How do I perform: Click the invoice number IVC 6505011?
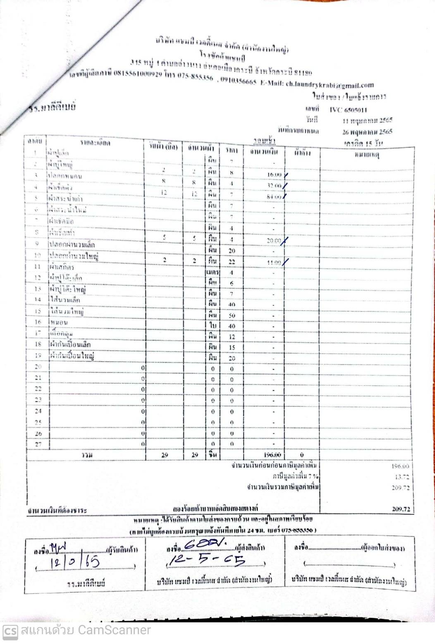coord(348,110)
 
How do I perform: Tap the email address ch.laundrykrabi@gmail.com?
coord(330,84)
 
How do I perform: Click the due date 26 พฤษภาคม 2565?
coord(367,132)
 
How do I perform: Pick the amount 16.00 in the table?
coord(274,175)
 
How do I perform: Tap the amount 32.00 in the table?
coord(274,186)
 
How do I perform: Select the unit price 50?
coord(232,316)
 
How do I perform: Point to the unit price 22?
coord(232,262)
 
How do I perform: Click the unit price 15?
coord(232,347)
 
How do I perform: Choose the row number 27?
coord(38,444)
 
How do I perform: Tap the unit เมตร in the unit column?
coord(213,272)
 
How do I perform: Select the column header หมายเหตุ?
coord(367,155)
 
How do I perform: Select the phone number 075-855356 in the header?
coord(196,77)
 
